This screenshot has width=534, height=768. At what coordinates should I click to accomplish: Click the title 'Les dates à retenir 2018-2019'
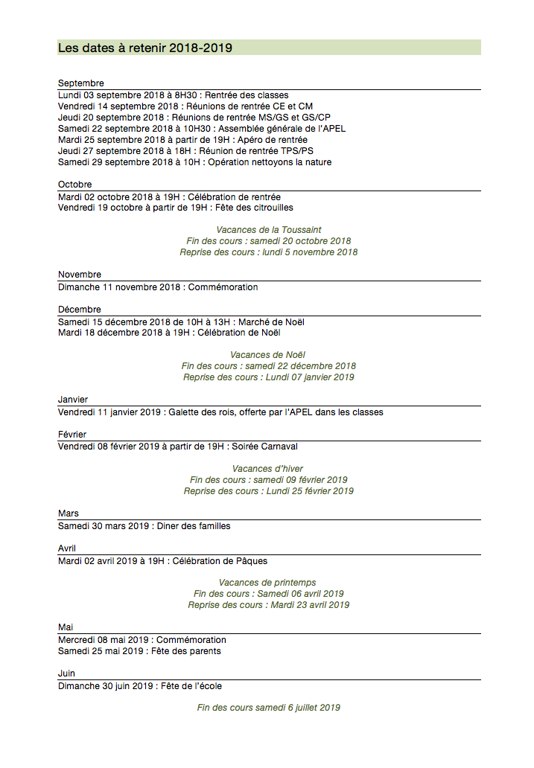pyautogui.click(x=145, y=48)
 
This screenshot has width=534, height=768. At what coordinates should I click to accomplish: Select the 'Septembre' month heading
pyautogui.click(x=81, y=83)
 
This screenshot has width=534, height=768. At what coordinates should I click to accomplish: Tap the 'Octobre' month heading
pyautogui.click(x=75, y=185)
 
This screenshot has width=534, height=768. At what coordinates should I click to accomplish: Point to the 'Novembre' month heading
pyautogui.click(x=80, y=275)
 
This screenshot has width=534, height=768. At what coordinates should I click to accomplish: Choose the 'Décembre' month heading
pyautogui.click(x=80, y=310)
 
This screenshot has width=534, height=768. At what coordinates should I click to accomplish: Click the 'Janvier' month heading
pyautogui.click(x=73, y=400)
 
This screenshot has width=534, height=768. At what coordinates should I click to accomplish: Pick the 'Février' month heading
pyautogui.click(x=72, y=435)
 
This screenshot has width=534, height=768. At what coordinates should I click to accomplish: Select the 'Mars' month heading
pyautogui.click(x=69, y=514)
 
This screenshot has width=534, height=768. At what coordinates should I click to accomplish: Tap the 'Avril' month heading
pyautogui.click(x=67, y=548)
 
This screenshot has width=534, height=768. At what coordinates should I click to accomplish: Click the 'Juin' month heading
pyautogui.click(x=67, y=673)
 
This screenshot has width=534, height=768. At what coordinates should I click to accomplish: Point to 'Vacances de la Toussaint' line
pyautogui.click(x=269, y=230)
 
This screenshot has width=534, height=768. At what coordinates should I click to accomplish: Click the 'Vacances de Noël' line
pyautogui.click(x=268, y=355)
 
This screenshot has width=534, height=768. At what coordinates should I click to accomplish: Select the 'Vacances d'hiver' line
pyautogui.click(x=268, y=469)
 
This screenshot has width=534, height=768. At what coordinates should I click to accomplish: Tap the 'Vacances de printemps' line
pyautogui.click(x=267, y=583)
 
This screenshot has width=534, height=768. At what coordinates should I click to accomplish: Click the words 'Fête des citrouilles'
pyautogui.click(x=254, y=208)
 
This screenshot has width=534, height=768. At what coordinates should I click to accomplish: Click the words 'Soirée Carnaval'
pyautogui.click(x=264, y=447)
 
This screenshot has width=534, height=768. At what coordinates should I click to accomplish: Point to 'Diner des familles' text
pyautogui.click(x=194, y=526)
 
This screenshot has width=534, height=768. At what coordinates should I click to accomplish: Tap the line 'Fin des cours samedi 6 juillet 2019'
pyautogui.click(x=269, y=708)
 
